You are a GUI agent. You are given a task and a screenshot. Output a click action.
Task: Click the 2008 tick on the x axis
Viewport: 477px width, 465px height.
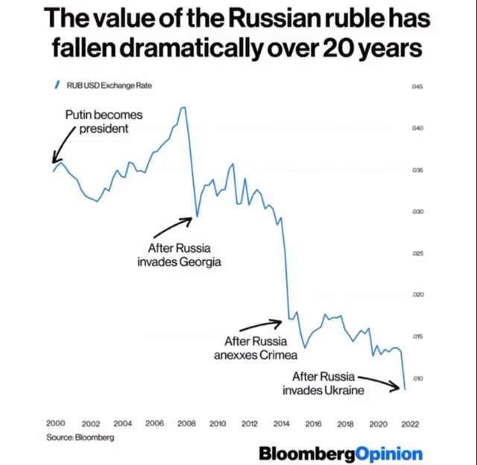[x=186, y=423]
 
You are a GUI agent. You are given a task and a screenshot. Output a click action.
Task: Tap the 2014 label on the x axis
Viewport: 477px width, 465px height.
[x=281, y=423]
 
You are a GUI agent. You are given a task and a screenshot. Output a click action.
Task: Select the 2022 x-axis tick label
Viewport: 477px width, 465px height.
[x=408, y=423]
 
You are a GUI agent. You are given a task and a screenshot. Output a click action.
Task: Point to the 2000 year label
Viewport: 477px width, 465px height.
[x=56, y=423]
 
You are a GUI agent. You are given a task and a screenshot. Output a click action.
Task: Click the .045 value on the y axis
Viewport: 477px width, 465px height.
[x=417, y=87]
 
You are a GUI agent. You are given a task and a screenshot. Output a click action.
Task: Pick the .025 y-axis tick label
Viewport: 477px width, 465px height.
[x=417, y=253]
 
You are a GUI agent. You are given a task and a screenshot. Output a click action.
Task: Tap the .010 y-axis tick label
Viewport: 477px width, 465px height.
[x=417, y=379]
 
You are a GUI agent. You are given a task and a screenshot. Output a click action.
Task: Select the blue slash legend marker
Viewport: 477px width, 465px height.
[x=56, y=85]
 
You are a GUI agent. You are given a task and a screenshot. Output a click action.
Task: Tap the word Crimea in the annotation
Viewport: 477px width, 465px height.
[x=279, y=355]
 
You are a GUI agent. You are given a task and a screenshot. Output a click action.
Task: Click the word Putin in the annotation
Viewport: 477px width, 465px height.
[x=78, y=116]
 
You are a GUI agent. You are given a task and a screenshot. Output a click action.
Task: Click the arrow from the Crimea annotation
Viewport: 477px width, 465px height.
[x=262, y=325]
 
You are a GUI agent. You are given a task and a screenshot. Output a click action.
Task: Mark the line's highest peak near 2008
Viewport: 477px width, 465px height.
[x=183, y=107]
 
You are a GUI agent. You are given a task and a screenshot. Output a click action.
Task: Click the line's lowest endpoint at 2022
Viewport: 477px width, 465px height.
[x=405, y=388]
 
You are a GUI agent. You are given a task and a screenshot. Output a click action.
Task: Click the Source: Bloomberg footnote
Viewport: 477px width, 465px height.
[x=80, y=437]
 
